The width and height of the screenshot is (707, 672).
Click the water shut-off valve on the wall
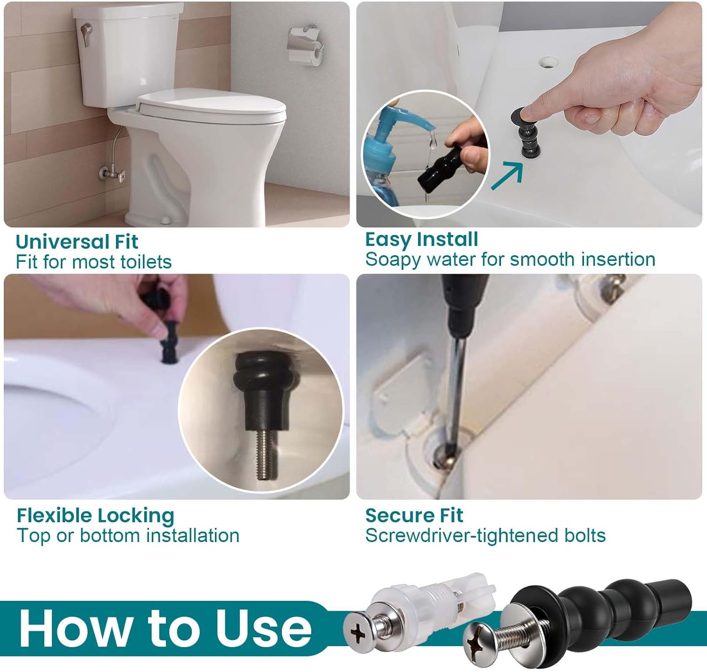pyautogui.click(x=113, y=175)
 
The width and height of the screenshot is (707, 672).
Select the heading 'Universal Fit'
pyautogui.click(x=77, y=242)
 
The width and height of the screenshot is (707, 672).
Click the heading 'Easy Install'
pyautogui.click(x=421, y=239)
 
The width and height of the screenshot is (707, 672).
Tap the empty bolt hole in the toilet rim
pyautogui.click(x=547, y=62)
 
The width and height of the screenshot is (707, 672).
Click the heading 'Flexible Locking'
pyautogui.click(x=96, y=515)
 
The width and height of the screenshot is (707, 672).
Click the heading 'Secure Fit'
pyautogui.click(x=414, y=515)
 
